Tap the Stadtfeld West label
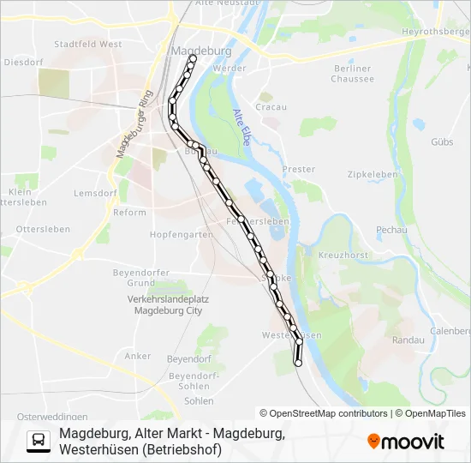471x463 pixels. pos(88,44)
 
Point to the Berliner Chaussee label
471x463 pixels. pos(353,74)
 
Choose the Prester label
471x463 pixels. pos(298,170)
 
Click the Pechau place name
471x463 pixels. pos(391,230)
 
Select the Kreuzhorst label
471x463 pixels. pos(342,256)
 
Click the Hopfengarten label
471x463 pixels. pos(181,234)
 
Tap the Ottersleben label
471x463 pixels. pos(36,229)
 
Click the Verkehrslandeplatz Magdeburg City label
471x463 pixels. pos(168,305)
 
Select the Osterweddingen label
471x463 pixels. pos(41,415)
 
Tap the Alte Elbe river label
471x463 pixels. pos(241,128)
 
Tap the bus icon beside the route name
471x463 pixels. pos(39,441)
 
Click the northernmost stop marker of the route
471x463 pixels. pos(193,58)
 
